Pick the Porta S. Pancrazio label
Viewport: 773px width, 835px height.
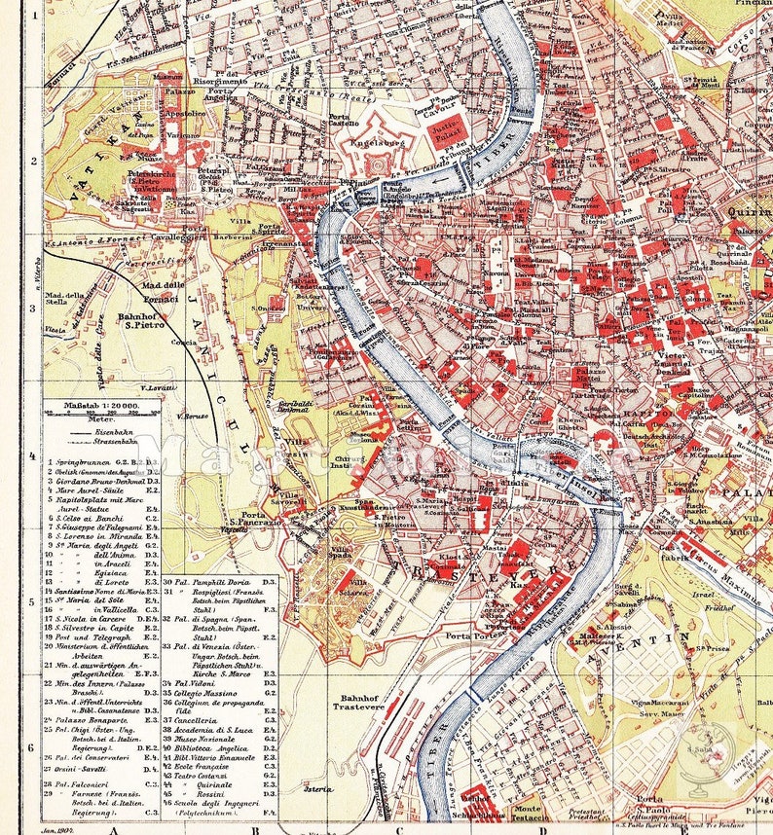pos(254,521)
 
